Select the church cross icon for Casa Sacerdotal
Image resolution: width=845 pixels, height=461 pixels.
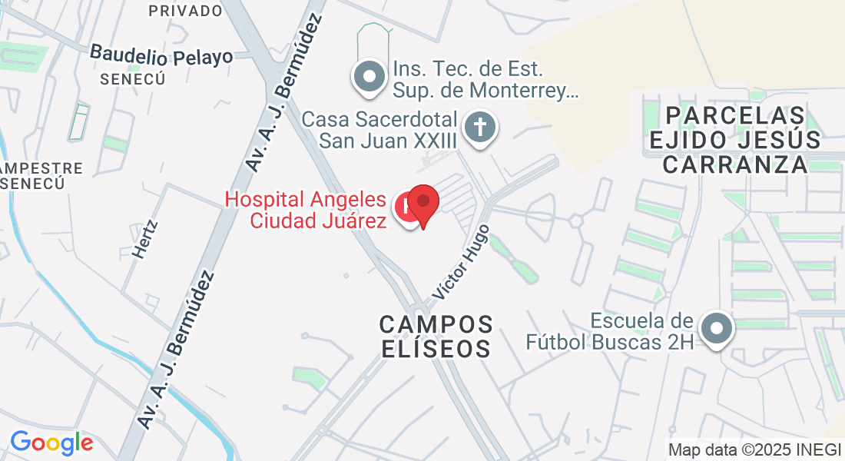click(x=482, y=127)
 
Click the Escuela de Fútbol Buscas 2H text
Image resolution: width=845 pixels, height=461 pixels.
click(x=610, y=331)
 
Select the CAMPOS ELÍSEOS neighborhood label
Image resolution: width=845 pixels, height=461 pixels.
click(x=436, y=336)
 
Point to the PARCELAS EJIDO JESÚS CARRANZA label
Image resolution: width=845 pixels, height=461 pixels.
click(x=735, y=140)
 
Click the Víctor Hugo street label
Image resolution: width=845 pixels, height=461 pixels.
click(x=460, y=262)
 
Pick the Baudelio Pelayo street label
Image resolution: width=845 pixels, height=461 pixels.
click(x=161, y=55)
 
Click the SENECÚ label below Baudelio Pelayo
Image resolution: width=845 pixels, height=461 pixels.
click(x=122, y=78)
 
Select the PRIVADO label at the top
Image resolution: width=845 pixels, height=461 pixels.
click(x=185, y=11)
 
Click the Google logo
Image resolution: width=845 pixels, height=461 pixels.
click(x=51, y=443)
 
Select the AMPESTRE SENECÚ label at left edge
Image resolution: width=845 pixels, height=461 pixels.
click(x=42, y=176)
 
